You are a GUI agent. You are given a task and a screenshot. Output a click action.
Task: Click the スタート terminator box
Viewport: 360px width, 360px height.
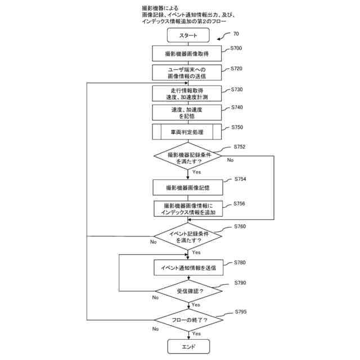188,35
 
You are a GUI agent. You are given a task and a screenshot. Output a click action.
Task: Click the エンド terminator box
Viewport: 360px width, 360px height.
188,346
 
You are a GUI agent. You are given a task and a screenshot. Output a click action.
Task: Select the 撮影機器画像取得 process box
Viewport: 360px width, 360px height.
188,53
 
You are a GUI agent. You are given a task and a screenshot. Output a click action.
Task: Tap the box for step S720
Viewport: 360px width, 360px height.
188,73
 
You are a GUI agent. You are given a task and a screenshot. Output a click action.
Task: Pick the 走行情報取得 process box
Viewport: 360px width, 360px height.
188,93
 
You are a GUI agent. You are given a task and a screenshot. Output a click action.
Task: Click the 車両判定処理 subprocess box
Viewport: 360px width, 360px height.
188,132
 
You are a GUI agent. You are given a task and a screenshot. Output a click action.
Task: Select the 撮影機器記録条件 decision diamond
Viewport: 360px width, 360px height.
188,157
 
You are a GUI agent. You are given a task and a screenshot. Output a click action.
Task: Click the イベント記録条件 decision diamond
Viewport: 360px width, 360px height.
188,237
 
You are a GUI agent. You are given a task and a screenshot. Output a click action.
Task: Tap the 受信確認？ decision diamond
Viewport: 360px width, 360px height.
188,291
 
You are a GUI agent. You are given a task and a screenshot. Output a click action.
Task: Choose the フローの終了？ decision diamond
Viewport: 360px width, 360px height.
188,320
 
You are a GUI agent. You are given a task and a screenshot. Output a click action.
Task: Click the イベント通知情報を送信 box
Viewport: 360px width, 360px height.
188,268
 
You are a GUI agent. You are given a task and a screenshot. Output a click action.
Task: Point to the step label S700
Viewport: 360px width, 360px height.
236,48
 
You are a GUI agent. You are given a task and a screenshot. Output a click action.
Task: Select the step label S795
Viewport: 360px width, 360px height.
240,312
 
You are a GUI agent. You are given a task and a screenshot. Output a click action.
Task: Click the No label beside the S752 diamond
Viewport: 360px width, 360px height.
230,160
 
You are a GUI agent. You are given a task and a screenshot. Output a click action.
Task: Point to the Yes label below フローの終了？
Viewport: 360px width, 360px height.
196,334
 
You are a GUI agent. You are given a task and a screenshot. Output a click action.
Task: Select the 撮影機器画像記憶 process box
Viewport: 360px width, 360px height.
188,187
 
